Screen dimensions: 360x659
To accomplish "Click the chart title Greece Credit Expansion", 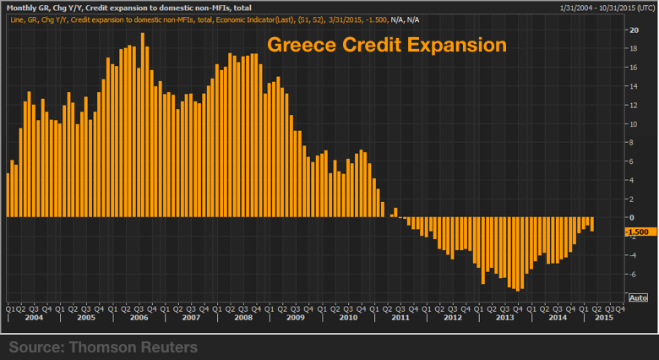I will click(x=387, y=44).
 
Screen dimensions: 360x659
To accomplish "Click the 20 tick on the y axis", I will click(x=630, y=30).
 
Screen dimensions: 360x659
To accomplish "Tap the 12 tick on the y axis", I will click(x=630, y=105).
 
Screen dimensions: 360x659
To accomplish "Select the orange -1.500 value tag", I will click(x=636, y=231).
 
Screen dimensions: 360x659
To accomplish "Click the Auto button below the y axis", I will click(x=639, y=297).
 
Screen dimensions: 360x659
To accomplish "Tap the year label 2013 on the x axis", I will click(x=504, y=318).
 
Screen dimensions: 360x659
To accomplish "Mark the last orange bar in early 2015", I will click(x=592, y=224).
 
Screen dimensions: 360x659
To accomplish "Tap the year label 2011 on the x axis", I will click(x=399, y=318).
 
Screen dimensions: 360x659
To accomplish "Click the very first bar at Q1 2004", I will click(x=8, y=194).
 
